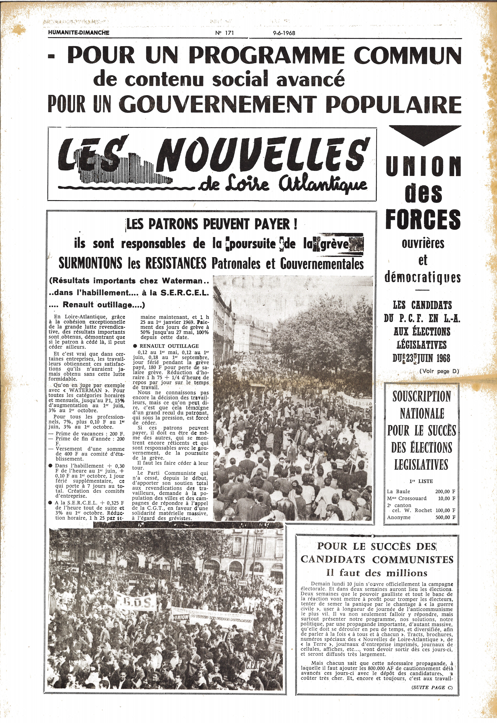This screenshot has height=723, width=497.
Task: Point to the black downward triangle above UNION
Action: [425, 135]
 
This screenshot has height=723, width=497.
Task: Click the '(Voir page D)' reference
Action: [439, 371]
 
